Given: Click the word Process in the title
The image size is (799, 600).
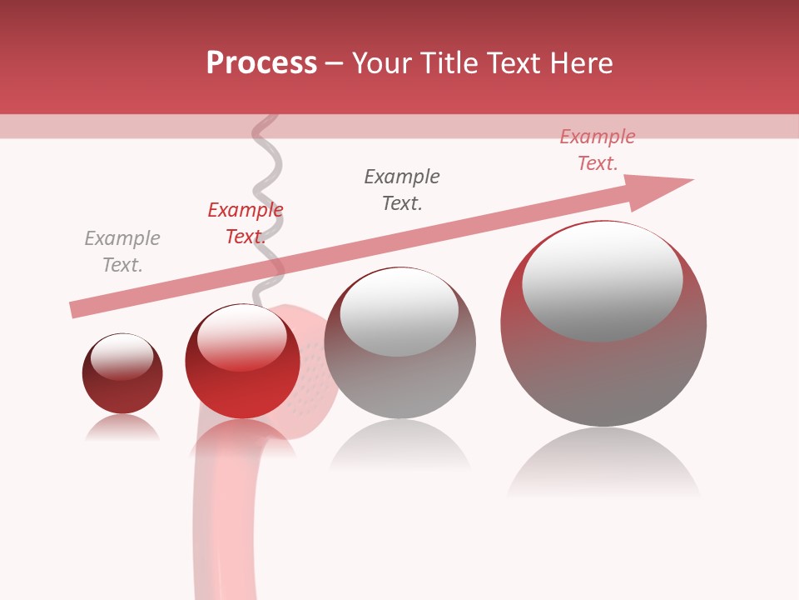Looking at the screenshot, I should (261, 63).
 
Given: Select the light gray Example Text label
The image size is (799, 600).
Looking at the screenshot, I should (122, 252).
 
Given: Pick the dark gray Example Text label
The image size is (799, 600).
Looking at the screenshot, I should (402, 190).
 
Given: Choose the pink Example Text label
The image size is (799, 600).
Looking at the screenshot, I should (597, 150).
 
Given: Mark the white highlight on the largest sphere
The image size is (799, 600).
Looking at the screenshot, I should (603, 279).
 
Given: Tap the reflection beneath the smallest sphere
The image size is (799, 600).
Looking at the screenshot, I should (122, 428).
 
